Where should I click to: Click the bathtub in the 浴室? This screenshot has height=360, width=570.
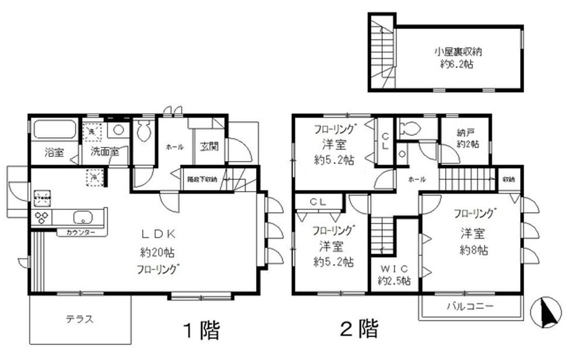click(54, 130)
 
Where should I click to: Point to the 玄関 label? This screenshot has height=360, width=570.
click(209, 146)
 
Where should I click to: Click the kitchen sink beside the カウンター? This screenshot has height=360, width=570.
click(82, 216)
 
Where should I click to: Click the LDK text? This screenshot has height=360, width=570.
click(159, 234)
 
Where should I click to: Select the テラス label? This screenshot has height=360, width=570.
click(79, 319)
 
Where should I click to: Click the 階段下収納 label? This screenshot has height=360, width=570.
click(202, 179)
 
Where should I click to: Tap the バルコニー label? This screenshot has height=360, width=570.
click(470, 306)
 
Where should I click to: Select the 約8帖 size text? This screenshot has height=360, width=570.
click(473, 251)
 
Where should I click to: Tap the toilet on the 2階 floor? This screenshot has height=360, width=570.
click(411, 129)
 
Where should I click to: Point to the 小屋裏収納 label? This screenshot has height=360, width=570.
click(454, 52)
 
